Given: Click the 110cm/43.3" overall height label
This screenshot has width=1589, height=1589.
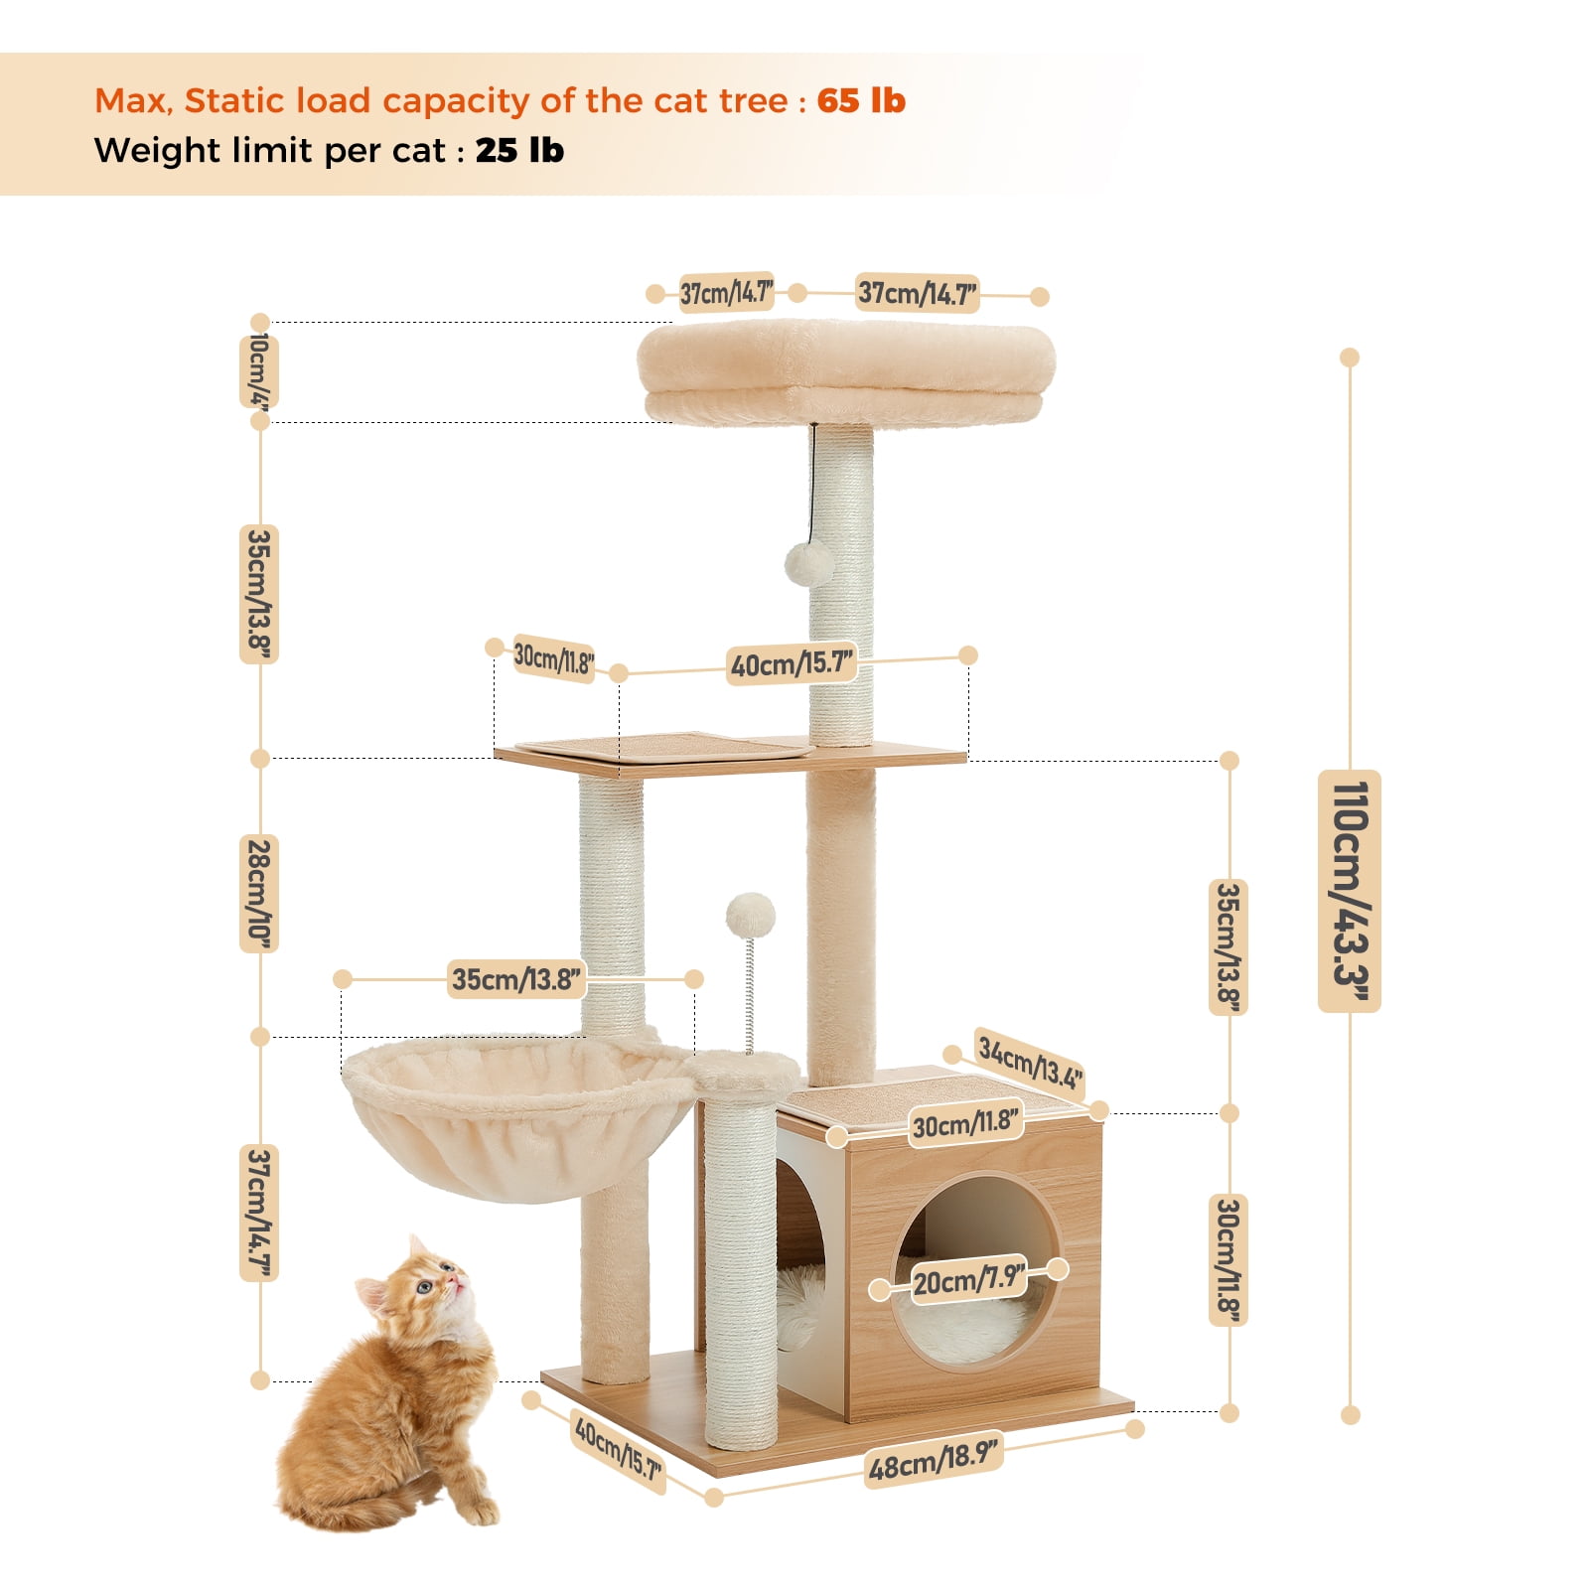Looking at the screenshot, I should [1349, 890].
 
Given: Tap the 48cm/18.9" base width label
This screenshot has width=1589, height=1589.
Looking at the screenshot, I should [932, 1459].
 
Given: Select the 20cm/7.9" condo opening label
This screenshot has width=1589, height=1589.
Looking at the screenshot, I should [968, 1280].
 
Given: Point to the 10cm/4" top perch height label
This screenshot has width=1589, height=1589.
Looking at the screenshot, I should [258, 371].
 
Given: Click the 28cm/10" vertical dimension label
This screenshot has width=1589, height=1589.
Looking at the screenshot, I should [258, 893].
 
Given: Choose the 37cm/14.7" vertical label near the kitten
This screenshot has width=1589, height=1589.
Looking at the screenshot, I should [259, 1212].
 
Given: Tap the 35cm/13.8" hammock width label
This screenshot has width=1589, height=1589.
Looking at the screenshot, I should [516, 979].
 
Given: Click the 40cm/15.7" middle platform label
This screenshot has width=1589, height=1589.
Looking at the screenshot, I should [792, 662].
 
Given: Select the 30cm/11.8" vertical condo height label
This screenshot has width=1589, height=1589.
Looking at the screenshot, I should [1228, 1260].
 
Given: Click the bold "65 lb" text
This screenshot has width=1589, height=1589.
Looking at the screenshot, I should [861, 100].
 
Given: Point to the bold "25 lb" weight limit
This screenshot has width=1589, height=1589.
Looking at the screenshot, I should [519, 151].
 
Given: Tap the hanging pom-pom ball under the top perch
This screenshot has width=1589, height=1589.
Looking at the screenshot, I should [809, 563].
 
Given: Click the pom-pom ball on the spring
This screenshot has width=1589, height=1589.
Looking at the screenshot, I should [750, 915].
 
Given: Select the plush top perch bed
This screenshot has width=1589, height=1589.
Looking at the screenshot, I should [846, 370].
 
